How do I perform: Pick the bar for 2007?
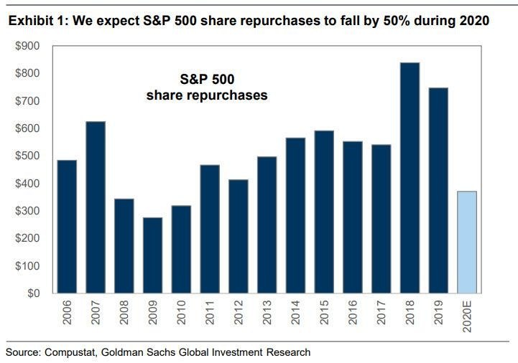[96, 207]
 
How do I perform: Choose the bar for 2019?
[438, 191]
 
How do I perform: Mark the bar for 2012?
[239, 237]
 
